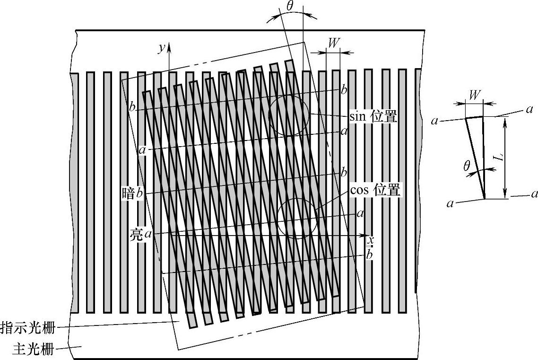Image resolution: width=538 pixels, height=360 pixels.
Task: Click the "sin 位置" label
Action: point(373,116)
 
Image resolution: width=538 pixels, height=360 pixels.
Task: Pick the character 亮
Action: point(137,234)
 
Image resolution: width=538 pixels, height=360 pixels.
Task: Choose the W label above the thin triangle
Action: point(474,95)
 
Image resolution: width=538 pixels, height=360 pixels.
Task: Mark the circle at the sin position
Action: point(289,115)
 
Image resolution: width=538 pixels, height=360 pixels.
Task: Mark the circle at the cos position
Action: point(297,217)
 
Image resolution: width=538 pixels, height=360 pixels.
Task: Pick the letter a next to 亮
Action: point(148,234)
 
